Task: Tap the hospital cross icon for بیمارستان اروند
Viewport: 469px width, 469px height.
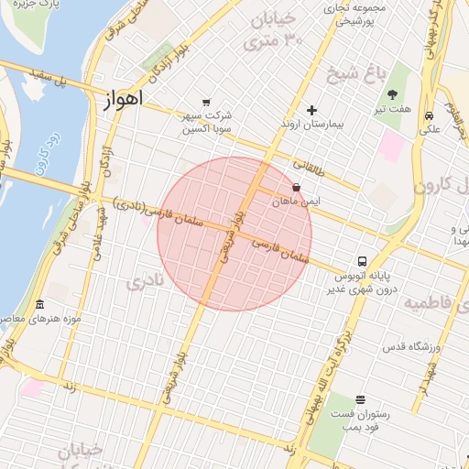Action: [312, 110]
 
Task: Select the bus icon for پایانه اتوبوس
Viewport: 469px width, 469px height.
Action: [363, 260]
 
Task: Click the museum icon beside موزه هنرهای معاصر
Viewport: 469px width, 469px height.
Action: [39, 304]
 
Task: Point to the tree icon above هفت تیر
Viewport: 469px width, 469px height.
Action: [393, 94]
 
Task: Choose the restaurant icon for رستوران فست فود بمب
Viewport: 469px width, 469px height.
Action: [360, 399]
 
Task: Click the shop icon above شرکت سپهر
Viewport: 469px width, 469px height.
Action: [206, 103]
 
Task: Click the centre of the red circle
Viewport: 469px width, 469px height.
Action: [234, 234]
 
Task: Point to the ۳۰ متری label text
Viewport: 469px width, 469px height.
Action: [279, 42]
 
